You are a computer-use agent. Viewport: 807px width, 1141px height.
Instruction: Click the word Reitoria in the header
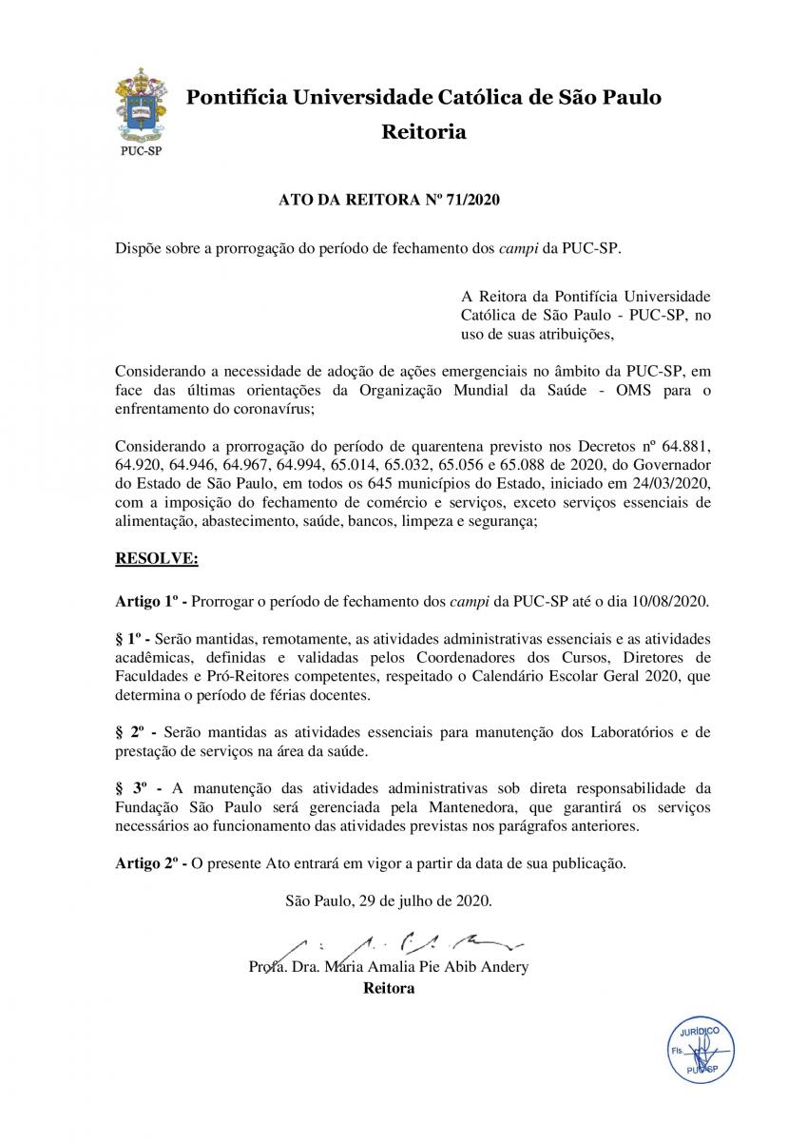[x=423, y=132]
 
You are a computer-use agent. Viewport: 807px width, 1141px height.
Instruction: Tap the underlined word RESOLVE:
[x=156, y=559]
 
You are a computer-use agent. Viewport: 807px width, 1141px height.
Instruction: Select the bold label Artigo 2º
[x=147, y=863]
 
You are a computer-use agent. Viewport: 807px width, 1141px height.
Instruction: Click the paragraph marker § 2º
[x=131, y=732]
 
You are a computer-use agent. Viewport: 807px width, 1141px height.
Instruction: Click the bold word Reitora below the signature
[x=389, y=988]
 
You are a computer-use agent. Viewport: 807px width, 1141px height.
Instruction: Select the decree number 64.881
[x=684, y=447]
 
